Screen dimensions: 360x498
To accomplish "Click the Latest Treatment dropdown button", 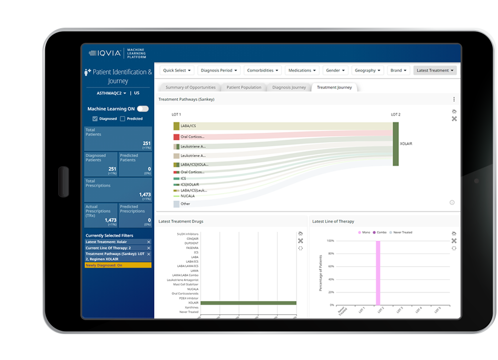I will [x=435, y=71].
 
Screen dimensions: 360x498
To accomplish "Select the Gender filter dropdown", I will [x=335, y=71].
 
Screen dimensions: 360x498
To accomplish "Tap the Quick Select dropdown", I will [x=177, y=71].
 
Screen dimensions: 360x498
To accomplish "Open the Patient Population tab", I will [x=244, y=88].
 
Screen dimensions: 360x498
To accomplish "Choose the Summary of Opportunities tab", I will [x=190, y=88].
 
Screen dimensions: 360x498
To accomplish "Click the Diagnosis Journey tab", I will [x=289, y=88].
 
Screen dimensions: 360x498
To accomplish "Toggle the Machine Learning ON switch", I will [x=142, y=109].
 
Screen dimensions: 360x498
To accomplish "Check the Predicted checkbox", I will [x=123, y=119].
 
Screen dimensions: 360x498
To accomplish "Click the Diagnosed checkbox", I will [x=95, y=119].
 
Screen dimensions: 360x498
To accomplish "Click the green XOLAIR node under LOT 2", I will [x=395, y=144].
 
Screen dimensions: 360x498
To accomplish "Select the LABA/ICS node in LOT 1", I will [x=177, y=126].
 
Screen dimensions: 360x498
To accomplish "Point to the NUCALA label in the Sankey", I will [x=187, y=196].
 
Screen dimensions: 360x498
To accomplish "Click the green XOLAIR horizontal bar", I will [x=248, y=303].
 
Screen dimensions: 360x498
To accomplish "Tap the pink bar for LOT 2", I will [x=377, y=272].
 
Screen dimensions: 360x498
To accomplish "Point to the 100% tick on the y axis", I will [x=330, y=241].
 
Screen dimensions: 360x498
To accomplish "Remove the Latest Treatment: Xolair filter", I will [x=149, y=242].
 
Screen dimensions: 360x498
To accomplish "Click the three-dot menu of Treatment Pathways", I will [x=454, y=99].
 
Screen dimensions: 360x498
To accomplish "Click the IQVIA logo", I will [x=105, y=53].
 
